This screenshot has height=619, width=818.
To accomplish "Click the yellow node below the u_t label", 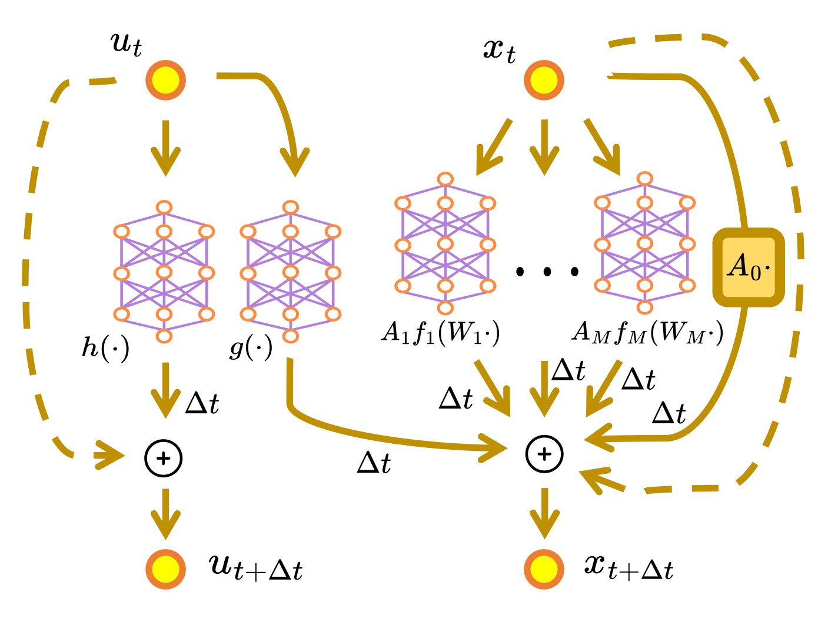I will click(166, 80).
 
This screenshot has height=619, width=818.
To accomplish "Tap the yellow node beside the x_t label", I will click(544, 80).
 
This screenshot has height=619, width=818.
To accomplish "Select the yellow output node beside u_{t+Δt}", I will click(166, 569).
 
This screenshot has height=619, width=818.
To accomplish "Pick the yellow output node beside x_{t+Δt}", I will click(544, 569).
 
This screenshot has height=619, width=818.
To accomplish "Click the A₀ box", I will click(749, 267).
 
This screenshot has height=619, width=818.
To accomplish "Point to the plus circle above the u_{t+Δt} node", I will click(164, 458).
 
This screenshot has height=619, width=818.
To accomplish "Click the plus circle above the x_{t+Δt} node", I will click(544, 454).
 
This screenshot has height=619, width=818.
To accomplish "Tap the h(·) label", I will click(105, 348).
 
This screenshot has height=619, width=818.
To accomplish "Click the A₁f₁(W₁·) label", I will click(441, 333).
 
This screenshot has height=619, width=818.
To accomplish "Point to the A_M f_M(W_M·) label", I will click(647, 333).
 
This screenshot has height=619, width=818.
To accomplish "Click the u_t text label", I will click(127, 44).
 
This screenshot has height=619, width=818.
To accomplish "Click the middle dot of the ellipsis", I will click(547, 271).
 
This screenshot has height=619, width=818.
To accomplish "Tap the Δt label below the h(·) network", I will click(202, 403).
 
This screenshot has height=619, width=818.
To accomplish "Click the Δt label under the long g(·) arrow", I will click(374, 463).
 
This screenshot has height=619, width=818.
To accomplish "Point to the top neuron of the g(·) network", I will click(290, 207).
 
